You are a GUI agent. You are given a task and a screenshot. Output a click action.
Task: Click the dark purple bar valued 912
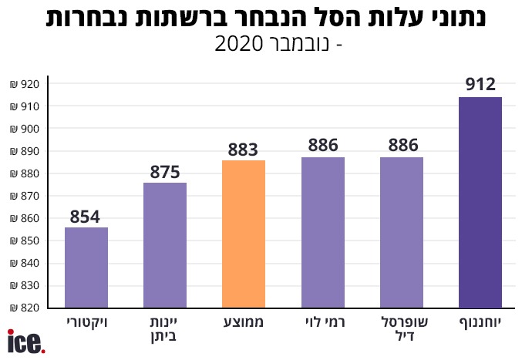click(x=480, y=202)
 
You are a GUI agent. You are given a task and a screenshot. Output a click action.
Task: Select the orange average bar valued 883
click(x=243, y=234)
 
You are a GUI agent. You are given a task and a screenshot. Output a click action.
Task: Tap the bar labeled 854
click(x=86, y=267)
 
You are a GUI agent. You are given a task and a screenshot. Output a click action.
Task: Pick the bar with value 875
click(x=164, y=244)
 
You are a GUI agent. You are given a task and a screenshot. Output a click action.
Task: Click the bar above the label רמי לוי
click(x=322, y=232)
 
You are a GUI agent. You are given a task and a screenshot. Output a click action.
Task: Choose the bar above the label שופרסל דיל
click(x=401, y=232)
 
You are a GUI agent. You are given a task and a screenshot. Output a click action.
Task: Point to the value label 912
click(x=480, y=85)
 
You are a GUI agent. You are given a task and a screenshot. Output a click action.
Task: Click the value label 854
click(x=86, y=217)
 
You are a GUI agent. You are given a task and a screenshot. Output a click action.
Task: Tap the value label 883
click(x=243, y=150)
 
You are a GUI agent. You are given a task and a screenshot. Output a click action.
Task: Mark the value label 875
click(x=164, y=172)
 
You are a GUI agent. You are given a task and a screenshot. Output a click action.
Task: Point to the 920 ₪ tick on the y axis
click(x=24, y=83)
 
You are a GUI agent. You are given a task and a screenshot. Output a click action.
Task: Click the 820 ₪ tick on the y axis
click(x=24, y=308)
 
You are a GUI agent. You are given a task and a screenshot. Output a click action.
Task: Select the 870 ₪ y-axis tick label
click(x=24, y=196)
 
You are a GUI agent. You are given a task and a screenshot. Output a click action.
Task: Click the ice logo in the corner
click(x=25, y=341)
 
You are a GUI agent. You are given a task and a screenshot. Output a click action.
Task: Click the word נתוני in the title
click(x=457, y=18)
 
